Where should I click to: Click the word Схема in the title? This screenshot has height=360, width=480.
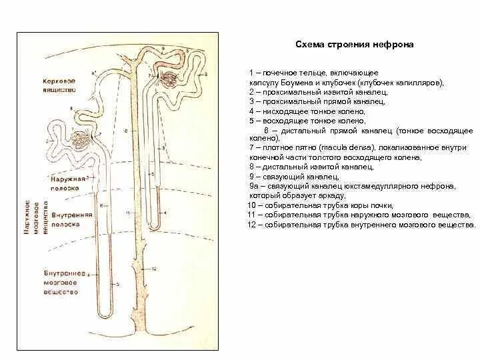pyautogui.click(x=309, y=45)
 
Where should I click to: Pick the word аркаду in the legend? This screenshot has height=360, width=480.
pyautogui.click(x=331, y=196)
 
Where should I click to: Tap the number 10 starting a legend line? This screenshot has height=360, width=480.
pyautogui.click(x=251, y=206)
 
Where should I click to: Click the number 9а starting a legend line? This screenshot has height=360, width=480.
pyautogui.click(x=251, y=187)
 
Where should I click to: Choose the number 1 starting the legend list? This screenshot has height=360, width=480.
pyautogui.click(x=251, y=72)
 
